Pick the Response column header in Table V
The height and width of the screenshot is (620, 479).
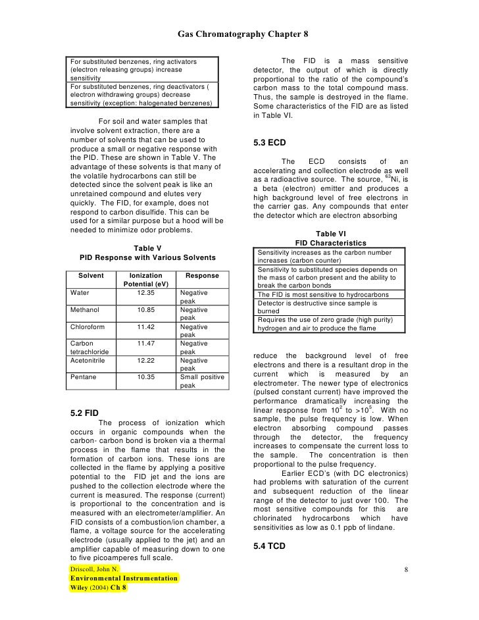click(x=202, y=276)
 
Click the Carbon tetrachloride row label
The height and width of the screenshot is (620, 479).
click(x=89, y=348)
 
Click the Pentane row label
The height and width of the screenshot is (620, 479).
click(x=83, y=377)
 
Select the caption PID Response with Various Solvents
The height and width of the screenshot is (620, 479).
click(x=148, y=258)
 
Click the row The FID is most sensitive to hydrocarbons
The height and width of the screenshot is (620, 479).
click(x=322, y=294)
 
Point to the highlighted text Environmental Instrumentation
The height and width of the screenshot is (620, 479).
click(x=124, y=578)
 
